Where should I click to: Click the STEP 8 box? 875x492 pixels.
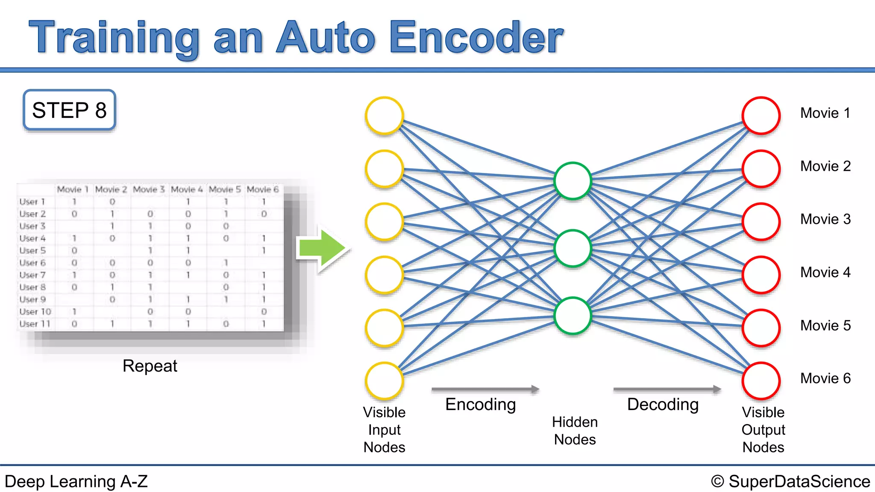click(x=69, y=110)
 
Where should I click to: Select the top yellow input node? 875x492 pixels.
click(x=385, y=116)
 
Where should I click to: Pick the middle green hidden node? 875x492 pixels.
click(x=573, y=249)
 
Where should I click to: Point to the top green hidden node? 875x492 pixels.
click(x=573, y=181)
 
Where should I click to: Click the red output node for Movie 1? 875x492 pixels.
click(x=761, y=116)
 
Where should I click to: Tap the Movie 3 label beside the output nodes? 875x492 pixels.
click(x=825, y=219)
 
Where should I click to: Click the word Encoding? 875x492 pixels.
click(x=481, y=404)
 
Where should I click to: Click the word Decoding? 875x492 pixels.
click(x=663, y=404)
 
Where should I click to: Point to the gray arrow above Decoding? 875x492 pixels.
click(x=667, y=389)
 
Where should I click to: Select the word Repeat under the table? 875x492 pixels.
click(x=150, y=366)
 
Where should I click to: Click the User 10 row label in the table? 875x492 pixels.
click(x=35, y=312)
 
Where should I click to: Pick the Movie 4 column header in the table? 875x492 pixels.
click(x=187, y=189)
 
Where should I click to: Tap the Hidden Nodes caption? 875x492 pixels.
click(x=575, y=430)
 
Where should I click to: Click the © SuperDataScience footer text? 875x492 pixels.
click(x=790, y=481)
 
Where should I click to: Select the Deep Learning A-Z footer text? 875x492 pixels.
click(x=76, y=481)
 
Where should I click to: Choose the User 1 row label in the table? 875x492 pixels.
click(x=32, y=202)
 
